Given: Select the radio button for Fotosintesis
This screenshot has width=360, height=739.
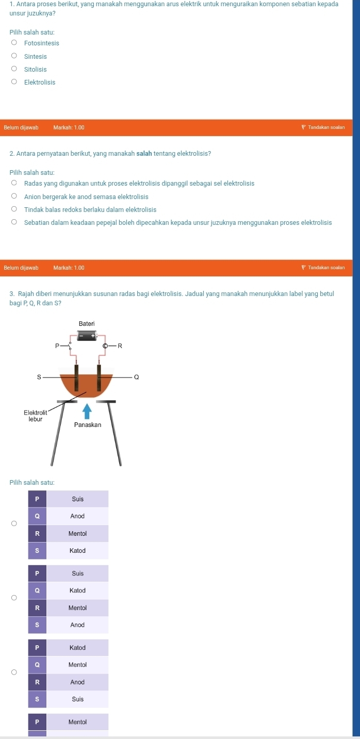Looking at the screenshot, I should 14,43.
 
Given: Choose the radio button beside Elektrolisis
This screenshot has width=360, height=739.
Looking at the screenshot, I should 14,83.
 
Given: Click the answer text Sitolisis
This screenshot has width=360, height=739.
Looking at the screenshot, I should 36,70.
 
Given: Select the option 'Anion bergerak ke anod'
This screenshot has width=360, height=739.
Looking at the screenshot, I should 86,197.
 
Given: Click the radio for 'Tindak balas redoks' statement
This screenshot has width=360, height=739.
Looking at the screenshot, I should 14,210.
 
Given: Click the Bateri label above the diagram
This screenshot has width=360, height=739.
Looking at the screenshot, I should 87,323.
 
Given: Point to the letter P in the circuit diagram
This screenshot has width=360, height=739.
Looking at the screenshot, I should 58,346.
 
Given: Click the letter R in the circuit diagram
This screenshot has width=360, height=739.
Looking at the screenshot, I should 120,346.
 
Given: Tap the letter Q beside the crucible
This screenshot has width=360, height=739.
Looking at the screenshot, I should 136,377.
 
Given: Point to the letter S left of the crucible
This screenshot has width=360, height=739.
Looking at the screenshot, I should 38,377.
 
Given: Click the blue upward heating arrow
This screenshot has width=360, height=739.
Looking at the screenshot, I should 87,411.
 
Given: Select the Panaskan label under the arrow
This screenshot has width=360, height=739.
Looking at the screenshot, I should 87,425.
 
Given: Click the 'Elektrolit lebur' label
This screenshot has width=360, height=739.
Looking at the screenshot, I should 36,416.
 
